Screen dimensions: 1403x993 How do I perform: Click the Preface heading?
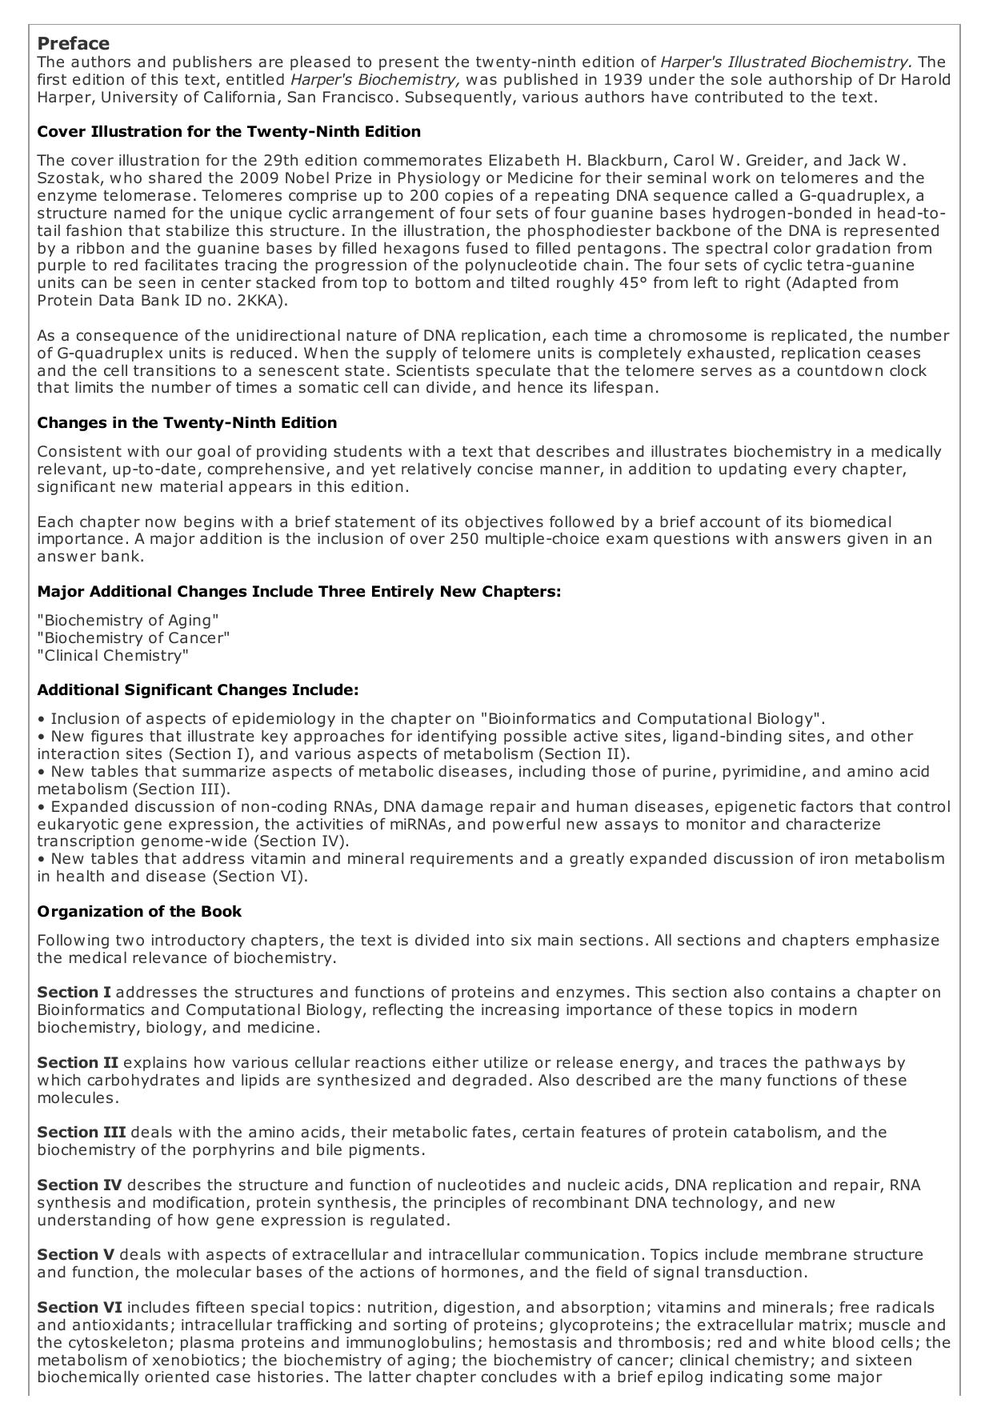(x=74, y=43)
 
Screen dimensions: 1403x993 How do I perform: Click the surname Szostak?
(x=66, y=178)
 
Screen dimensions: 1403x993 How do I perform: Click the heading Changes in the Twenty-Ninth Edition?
(x=187, y=423)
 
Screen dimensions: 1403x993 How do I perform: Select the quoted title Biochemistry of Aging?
(x=128, y=621)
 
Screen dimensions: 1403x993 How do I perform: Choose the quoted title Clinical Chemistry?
(x=114, y=656)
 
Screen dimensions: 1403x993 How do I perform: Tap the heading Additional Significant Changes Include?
(x=198, y=690)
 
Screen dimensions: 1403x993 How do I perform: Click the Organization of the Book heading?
(x=139, y=912)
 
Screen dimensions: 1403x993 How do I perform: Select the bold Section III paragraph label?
(x=82, y=1133)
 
